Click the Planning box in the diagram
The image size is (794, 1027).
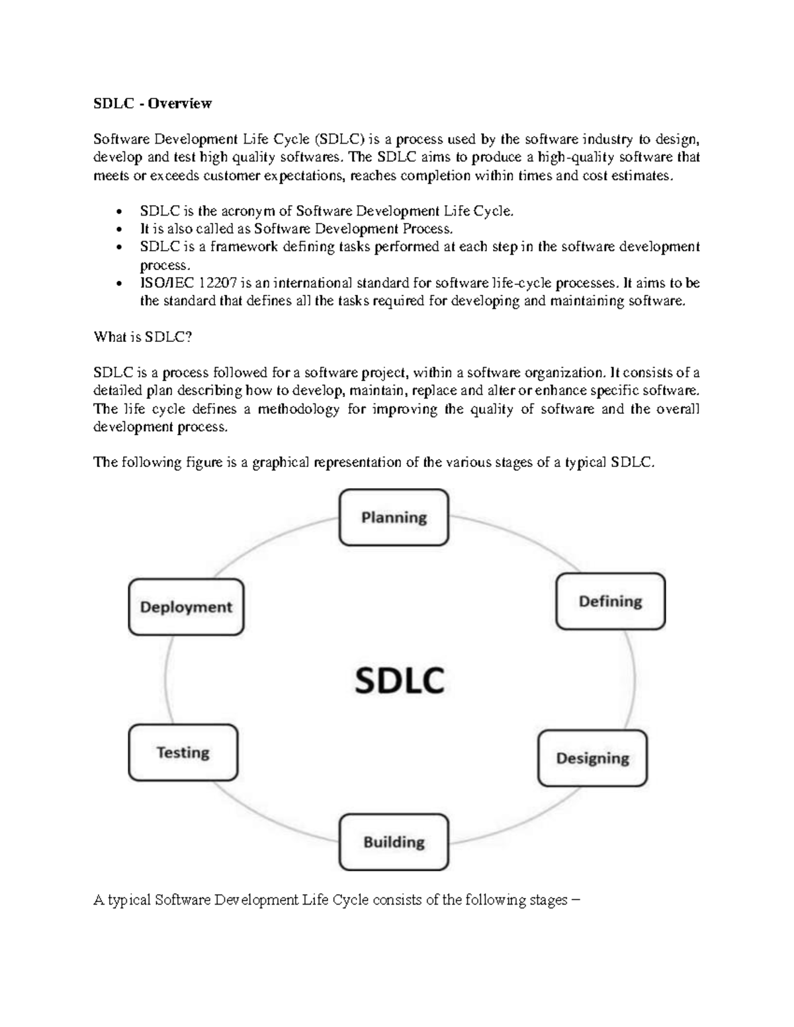click(x=394, y=517)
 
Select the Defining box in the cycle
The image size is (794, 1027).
click(x=610, y=601)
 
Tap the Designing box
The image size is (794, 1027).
click(x=592, y=758)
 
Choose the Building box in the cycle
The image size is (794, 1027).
click(x=394, y=842)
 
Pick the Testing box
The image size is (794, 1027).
click(x=183, y=753)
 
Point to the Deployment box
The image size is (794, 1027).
click(x=186, y=607)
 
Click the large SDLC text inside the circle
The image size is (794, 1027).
click(x=400, y=680)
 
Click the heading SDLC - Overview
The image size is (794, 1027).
click(x=152, y=103)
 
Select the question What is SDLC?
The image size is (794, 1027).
click(x=143, y=337)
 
